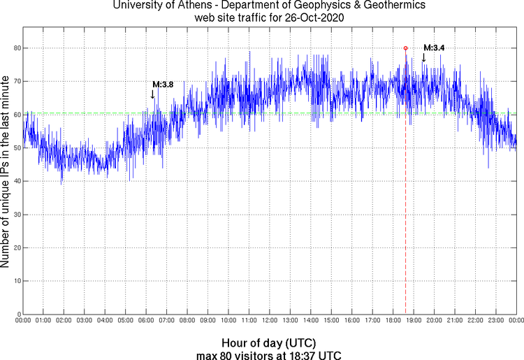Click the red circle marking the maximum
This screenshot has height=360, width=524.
pyautogui.click(x=405, y=48)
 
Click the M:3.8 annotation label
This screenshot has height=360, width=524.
pyautogui.click(x=163, y=85)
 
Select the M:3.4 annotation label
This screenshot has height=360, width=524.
pyautogui.click(x=434, y=48)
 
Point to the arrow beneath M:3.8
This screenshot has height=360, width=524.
pyautogui.click(x=153, y=94)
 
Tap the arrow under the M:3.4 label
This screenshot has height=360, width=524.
pyautogui.click(x=423, y=57)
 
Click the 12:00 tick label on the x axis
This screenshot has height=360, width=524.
pyautogui.click(x=269, y=321)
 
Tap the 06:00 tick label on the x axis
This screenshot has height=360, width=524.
pyautogui.click(x=146, y=321)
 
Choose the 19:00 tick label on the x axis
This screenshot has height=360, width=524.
pyautogui.click(x=413, y=321)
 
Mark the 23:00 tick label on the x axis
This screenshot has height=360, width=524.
pyautogui.click(x=495, y=321)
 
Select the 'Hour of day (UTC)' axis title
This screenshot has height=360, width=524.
pyautogui.click(x=269, y=343)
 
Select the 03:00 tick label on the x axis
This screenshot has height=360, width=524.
pyautogui.click(x=84, y=321)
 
